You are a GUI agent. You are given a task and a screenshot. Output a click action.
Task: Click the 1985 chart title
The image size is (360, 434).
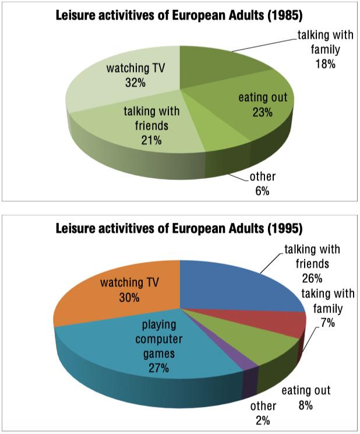point(179,15)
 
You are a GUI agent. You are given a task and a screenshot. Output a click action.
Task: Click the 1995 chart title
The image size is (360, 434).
point(179,228)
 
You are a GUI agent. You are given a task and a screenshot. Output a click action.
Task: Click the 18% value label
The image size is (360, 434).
point(326,64)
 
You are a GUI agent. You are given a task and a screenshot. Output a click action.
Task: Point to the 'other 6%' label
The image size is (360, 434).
point(262,184)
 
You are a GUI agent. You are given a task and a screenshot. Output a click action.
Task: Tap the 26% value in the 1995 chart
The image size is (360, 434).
point(312,278)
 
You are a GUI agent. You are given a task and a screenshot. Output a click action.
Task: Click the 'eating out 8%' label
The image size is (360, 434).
point(306,397)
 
